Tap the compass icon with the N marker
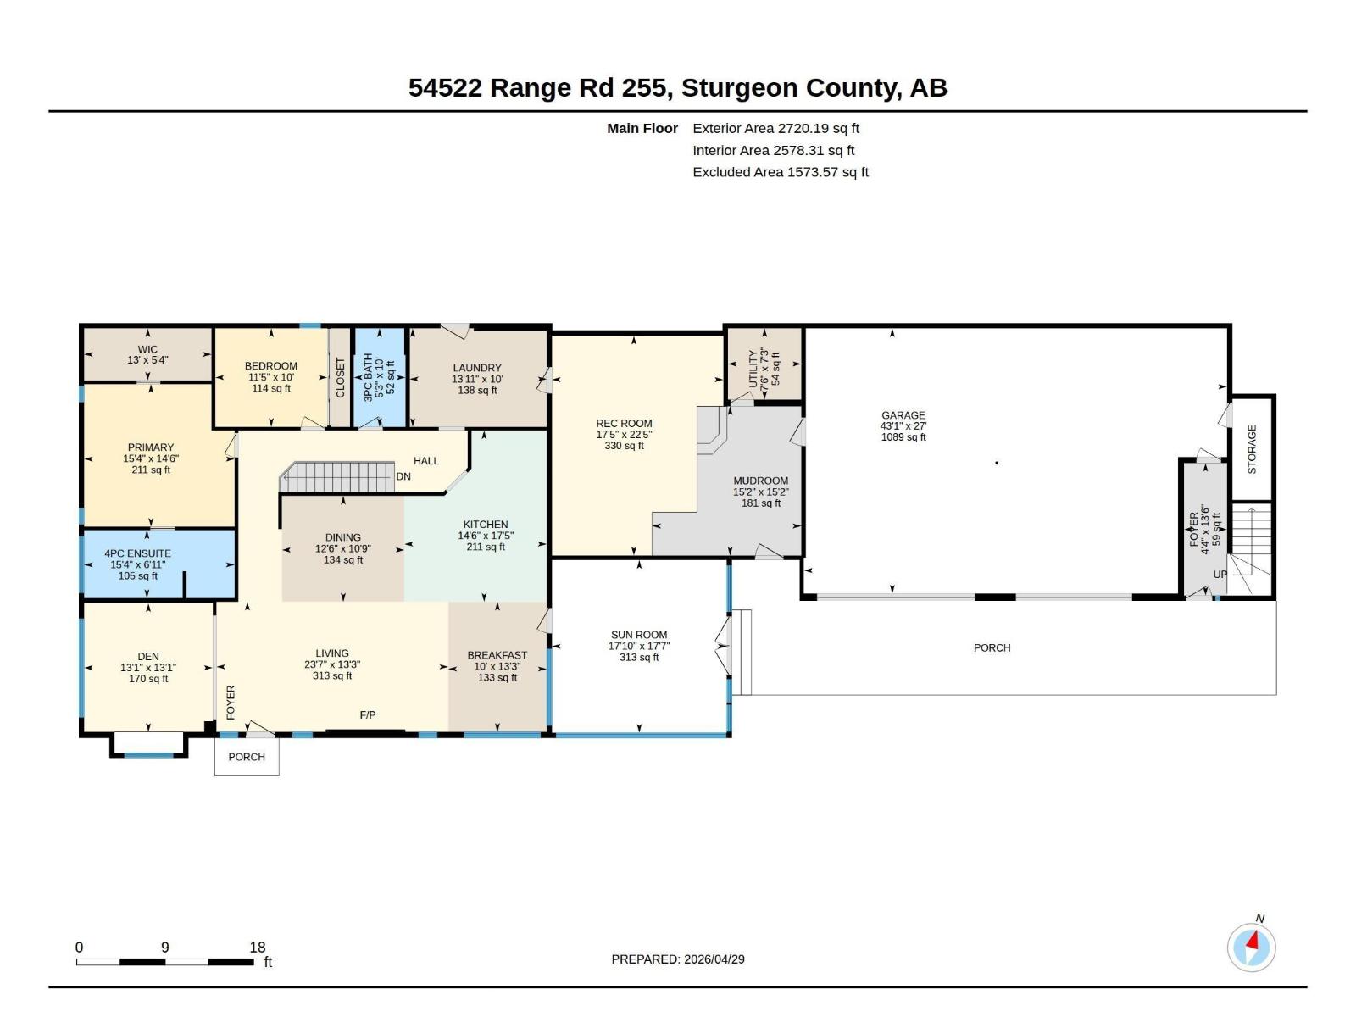pos(1251,947)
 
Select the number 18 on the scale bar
pos(258,948)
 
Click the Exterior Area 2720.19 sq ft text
pos(775,129)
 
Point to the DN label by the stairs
pos(403,476)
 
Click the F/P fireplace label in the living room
pos(368,715)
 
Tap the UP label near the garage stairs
pos(1220,575)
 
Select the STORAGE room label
pos(1252,449)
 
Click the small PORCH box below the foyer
pos(247,757)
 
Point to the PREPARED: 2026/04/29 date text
pos(678,959)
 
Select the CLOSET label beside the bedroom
pos(341,378)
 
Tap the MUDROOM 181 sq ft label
pos(760,492)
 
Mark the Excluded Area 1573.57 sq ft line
pos(780,172)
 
